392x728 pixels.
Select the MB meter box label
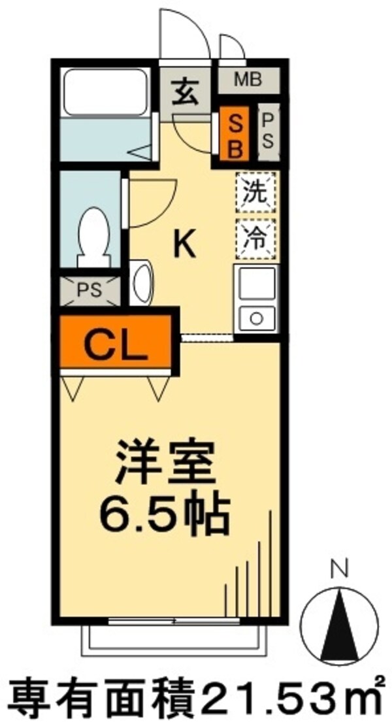pyautogui.click(x=248, y=80)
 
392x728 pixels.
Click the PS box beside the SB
pyautogui.click(x=268, y=133)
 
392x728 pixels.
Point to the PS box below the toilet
pyautogui.click(x=90, y=290)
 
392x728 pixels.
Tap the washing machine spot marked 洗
pyautogui.click(x=255, y=193)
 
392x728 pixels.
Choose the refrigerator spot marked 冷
pyautogui.click(x=255, y=235)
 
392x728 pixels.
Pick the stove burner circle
pyautogui.click(x=255, y=318)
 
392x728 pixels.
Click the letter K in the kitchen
pyautogui.click(x=184, y=244)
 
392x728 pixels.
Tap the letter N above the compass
pyautogui.click(x=338, y=571)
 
